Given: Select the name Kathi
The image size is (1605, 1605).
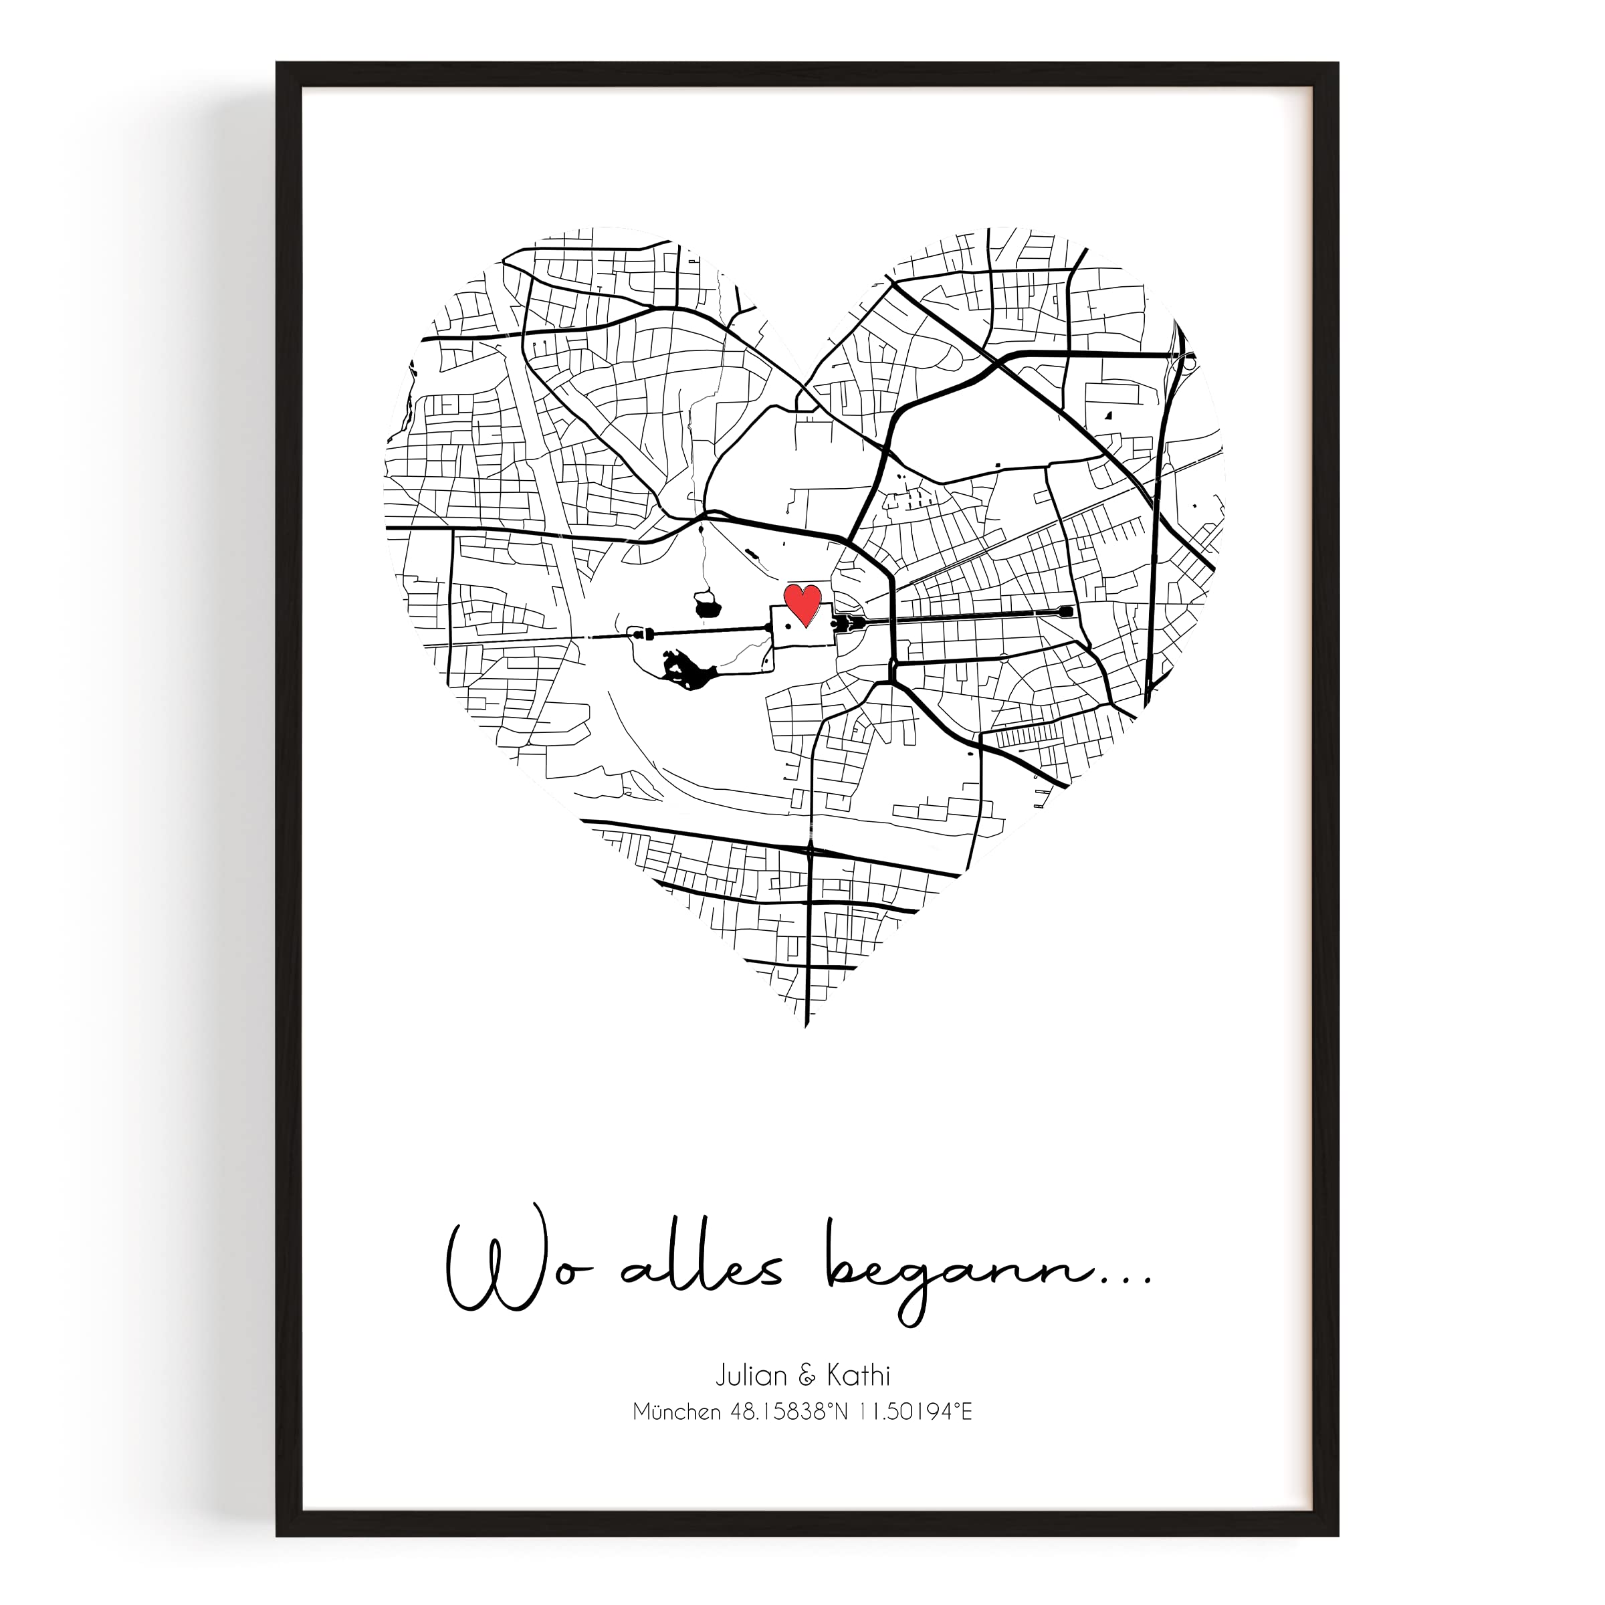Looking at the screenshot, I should [x=857, y=1376].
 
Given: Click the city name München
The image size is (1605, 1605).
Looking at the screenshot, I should [x=676, y=1412].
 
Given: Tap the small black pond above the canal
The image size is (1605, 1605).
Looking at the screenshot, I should [x=708, y=605].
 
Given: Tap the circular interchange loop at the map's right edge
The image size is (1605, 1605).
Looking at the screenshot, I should [x=1189, y=361].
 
